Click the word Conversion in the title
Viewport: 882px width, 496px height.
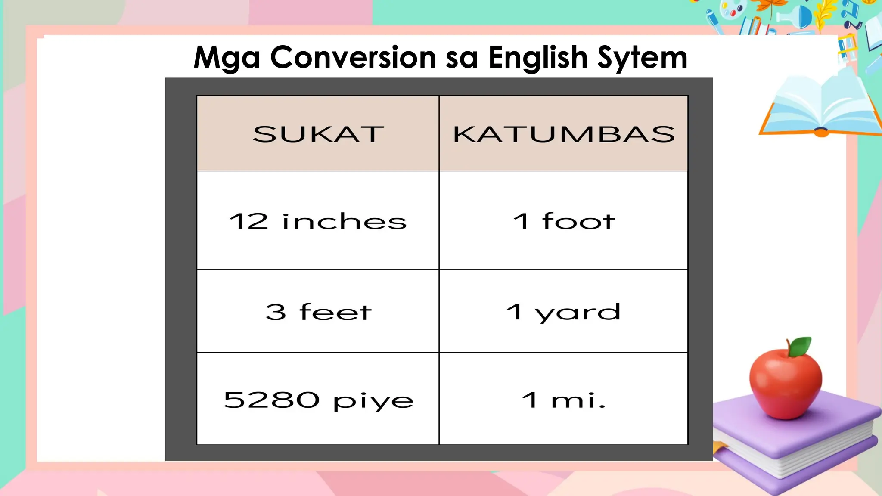point(353,57)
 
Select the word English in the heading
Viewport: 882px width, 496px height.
point(538,57)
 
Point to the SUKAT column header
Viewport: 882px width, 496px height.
point(318,134)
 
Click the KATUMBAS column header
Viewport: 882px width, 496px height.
point(563,134)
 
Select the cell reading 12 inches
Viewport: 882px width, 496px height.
point(318,221)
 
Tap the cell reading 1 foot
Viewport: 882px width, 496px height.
point(563,221)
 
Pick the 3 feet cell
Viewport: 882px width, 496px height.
point(318,312)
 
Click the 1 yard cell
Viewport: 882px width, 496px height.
point(563,312)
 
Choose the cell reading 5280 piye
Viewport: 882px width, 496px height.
point(318,400)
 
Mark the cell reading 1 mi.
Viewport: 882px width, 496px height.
point(563,400)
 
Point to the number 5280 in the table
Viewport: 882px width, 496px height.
point(271,400)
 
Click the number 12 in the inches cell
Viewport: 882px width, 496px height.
point(248,221)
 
